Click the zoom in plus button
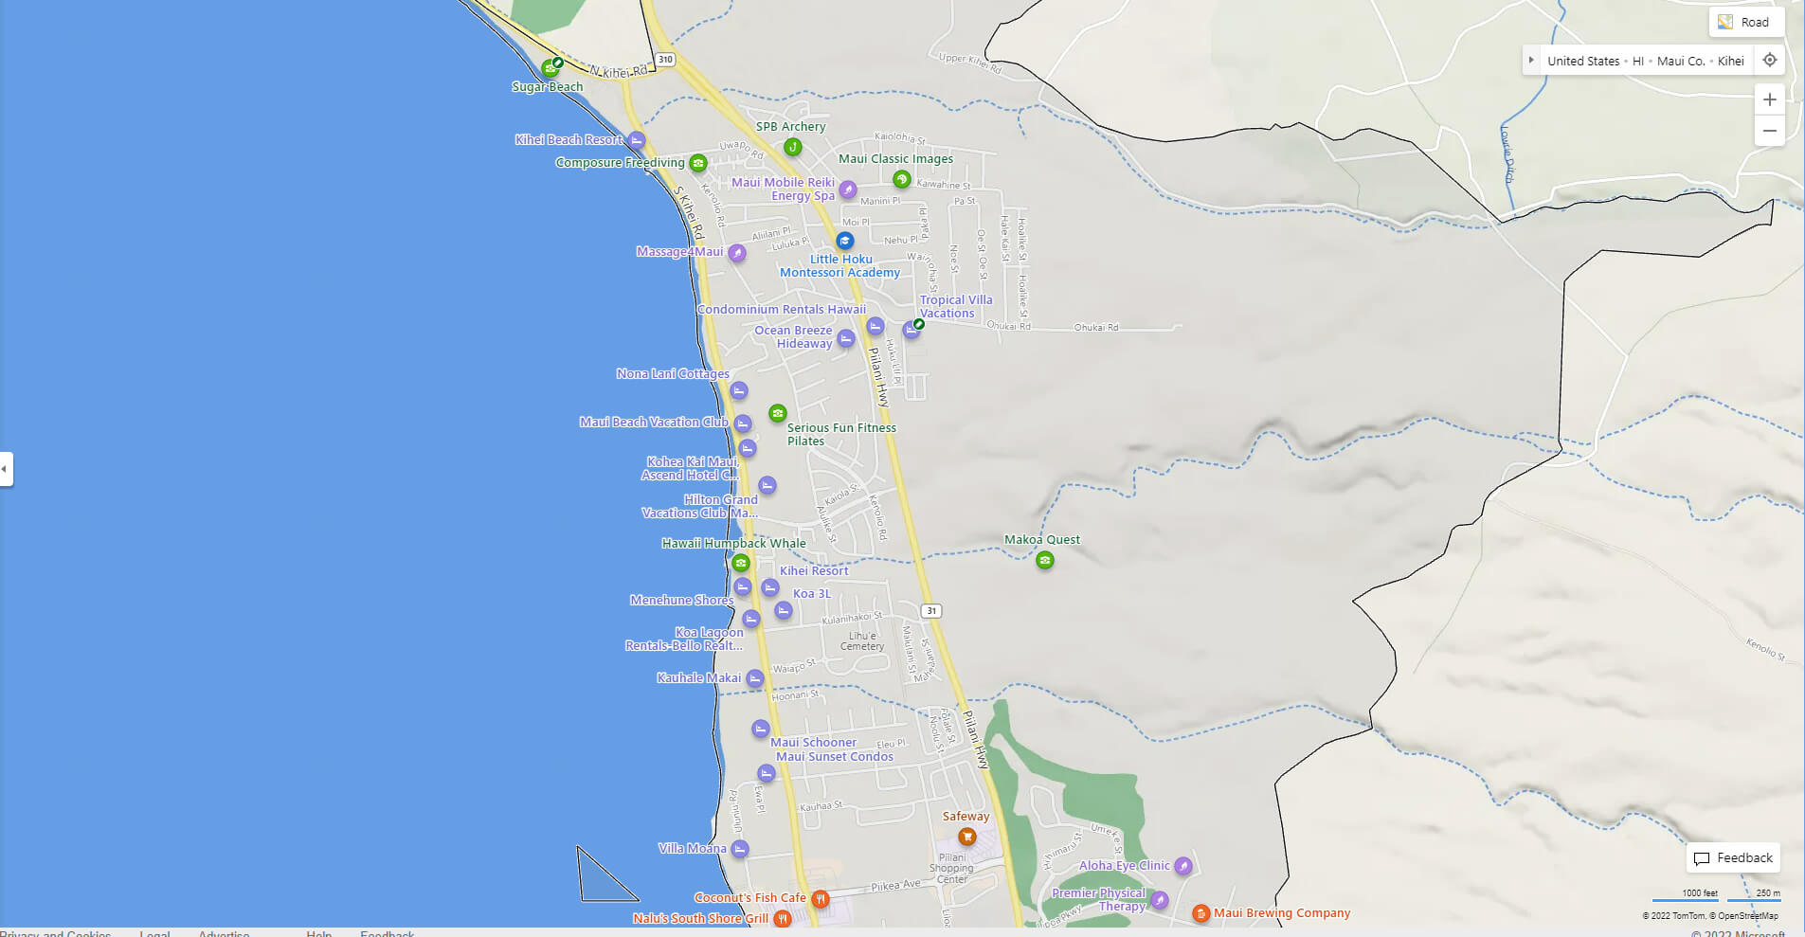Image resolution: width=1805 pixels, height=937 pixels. tap(1769, 99)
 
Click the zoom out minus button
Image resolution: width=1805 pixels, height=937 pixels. tap(1769, 131)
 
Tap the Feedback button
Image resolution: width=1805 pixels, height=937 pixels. tap(1733, 857)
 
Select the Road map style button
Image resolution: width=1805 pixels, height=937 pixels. tap(1745, 22)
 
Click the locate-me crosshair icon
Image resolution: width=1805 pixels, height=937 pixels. tap(1769, 60)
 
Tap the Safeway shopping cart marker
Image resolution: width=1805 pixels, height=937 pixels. tap(966, 837)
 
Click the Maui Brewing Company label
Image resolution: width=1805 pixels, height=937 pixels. tap(1281, 913)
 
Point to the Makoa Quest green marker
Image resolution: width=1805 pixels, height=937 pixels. tap(1044, 560)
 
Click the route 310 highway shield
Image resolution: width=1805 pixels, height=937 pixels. tap(665, 60)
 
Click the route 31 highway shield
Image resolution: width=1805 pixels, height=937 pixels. tap(931, 611)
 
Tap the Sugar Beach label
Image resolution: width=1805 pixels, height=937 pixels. tap(548, 87)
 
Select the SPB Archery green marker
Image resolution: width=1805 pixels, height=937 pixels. tap(792, 147)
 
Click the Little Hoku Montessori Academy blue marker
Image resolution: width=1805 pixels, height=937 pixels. tap(844, 241)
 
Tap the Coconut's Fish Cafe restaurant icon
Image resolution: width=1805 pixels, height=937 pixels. tap(821, 898)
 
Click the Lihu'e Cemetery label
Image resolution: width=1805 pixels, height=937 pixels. tap(862, 641)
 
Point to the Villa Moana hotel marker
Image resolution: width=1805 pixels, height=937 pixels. tap(740, 849)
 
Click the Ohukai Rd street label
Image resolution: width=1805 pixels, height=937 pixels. tap(1096, 328)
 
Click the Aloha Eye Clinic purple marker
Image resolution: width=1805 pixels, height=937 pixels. tap(1182, 865)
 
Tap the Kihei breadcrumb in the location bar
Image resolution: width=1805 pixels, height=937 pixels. tap(1730, 61)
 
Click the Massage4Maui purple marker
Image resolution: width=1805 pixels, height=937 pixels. tap(737, 253)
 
